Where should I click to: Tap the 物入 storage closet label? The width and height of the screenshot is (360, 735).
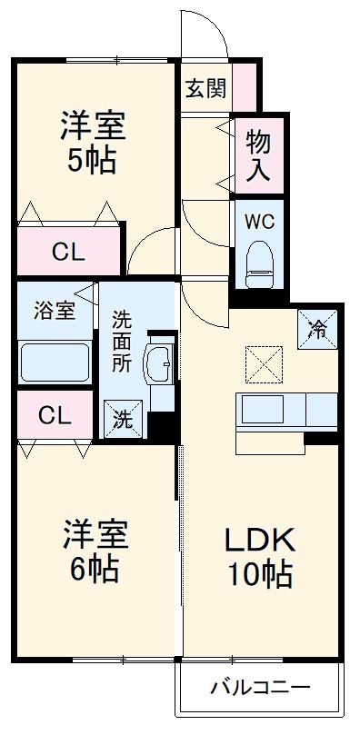258,156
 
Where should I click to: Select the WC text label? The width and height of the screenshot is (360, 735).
258,220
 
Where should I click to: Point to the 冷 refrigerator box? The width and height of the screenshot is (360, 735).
318,328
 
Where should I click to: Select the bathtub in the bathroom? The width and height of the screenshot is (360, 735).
55,362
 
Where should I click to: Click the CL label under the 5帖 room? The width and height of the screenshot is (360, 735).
68,253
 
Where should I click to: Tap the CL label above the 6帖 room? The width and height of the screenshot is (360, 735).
55,415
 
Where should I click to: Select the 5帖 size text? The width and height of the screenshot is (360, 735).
92,162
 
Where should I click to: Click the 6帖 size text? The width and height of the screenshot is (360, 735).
92,569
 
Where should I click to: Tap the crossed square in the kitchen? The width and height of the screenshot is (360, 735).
265,364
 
